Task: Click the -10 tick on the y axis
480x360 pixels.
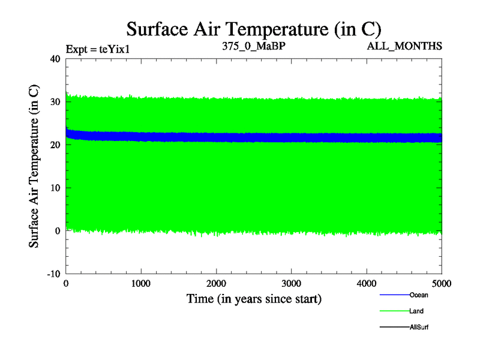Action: [53, 274]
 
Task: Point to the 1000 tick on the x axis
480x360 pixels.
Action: [141, 284]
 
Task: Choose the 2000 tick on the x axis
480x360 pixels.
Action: [216, 284]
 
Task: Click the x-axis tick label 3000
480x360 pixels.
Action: [291, 284]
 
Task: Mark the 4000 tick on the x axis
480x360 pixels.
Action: [367, 284]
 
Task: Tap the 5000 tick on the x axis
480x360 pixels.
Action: [441, 284]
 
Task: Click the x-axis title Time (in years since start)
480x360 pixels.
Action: [254, 298]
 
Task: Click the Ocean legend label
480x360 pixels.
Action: [419, 295]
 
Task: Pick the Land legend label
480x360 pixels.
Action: [416, 311]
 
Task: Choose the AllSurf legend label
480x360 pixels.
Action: [419, 328]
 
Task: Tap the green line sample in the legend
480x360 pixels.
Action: [394, 311]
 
